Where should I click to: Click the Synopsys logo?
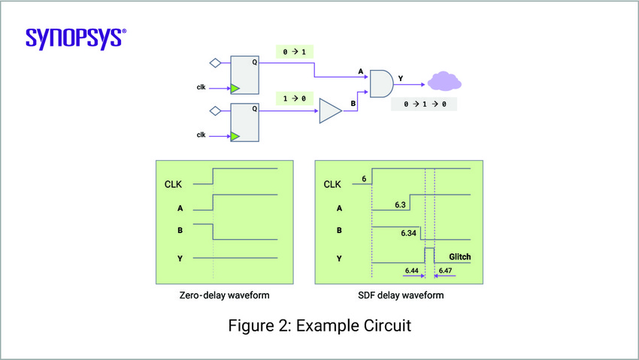(x=75, y=38)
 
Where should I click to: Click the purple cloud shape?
(x=446, y=81)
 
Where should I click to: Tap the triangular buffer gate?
(x=329, y=111)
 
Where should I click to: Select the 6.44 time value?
(x=411, y=270)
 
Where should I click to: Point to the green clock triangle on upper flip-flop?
(x=235, y=88)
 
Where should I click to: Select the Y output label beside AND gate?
(x=399, y=77)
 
